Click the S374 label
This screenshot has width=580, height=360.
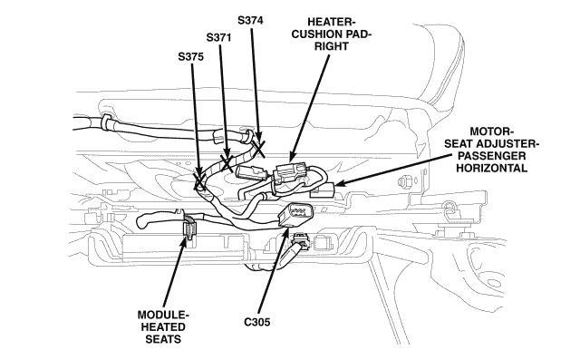(x=250, y=20)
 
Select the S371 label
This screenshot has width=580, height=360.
(x=218, y=37)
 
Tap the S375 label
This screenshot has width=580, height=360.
(x=190, y=56)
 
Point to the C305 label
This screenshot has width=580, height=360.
(x=257, y=322)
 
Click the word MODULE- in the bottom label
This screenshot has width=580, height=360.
(x=163, y=315)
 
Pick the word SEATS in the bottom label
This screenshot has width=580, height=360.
(x=163, y=339)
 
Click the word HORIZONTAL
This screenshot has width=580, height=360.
(x=491, y=168)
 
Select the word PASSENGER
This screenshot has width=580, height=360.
(x=491, y=155)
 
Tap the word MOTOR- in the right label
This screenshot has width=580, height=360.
(x=491, y=131)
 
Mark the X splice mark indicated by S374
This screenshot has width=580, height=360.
(x=259, y=147)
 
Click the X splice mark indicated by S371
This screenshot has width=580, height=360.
(x=227, y=162)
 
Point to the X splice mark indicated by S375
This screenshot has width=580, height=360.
(x=199, y=181)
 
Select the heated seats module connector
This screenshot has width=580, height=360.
(x=189, y=229)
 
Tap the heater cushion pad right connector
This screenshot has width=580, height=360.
(x=290, y=173)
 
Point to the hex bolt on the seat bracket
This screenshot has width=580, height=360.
(x=404, y=181)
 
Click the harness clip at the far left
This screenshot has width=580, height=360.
(x=106, y=122)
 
